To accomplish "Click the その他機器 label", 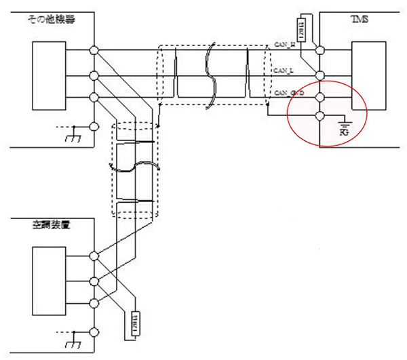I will point(51,20).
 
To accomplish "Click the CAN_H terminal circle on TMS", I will point(320,49).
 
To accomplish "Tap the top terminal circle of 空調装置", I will point(94,256).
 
